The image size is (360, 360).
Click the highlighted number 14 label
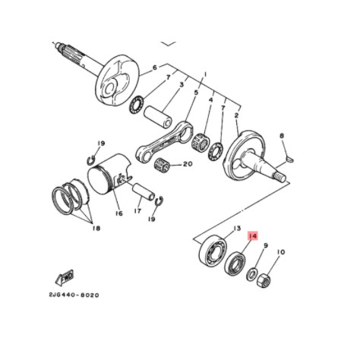coord(254,237)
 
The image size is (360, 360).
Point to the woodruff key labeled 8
coord(286,159)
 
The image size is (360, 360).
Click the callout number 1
coord(204,75)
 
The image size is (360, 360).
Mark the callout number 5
coord(196,94)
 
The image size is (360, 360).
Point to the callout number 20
coord(188,164)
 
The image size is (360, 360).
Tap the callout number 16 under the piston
coord(118,213)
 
